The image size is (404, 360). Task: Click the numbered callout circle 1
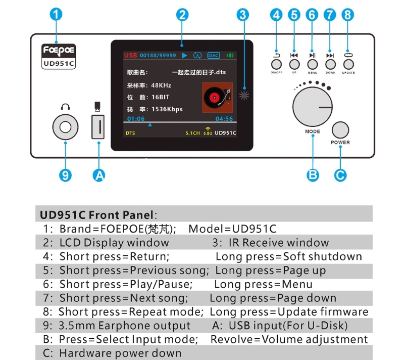coord(56,14)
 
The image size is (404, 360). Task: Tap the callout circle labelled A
coord(99,175)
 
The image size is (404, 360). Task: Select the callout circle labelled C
coord(340,175)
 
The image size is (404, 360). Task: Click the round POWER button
coord(340,130)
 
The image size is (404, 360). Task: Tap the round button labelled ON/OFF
coord(276,65)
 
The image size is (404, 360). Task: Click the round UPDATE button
coord(348,65)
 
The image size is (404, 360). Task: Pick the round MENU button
coord(312,65)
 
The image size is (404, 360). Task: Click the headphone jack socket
coord(65,127)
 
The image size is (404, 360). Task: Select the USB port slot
coord(98,127)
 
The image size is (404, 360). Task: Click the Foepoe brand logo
coord(59,51)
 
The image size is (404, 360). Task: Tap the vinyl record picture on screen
coord(218,98)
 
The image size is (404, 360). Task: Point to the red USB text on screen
coord(130,55)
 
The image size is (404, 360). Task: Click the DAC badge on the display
coord(214,56)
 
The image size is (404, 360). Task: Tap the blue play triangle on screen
coord(184,55)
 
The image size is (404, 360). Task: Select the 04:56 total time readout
coord(224,119)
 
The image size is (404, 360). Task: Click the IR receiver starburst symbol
coord(244,96)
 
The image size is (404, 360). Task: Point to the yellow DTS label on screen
coord(130,133)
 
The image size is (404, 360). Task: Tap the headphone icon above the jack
coord(65,107)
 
